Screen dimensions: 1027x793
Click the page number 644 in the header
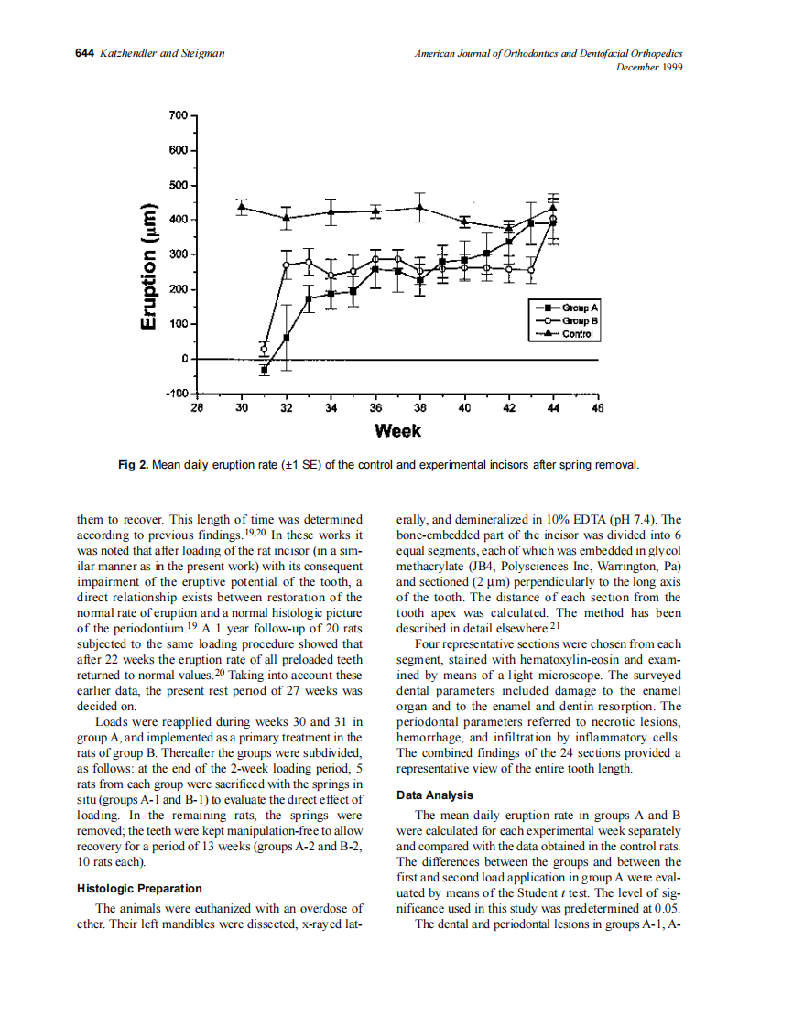(x=84, y=54)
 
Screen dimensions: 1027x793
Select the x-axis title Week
(x=397, y=430)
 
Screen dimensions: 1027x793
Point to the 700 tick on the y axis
(x=178, y=115)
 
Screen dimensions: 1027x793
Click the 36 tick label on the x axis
(x=375, y=408)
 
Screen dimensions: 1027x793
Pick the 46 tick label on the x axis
(x=598, y=408)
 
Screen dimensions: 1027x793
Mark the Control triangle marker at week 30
(x=242, y=207)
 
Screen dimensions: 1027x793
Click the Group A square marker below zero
(x=265, y=370)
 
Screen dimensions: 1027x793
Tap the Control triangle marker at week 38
(x=419, y=207)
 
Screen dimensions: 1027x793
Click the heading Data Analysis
(x=435, y=795)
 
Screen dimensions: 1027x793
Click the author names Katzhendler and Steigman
(x=161, y=54)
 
